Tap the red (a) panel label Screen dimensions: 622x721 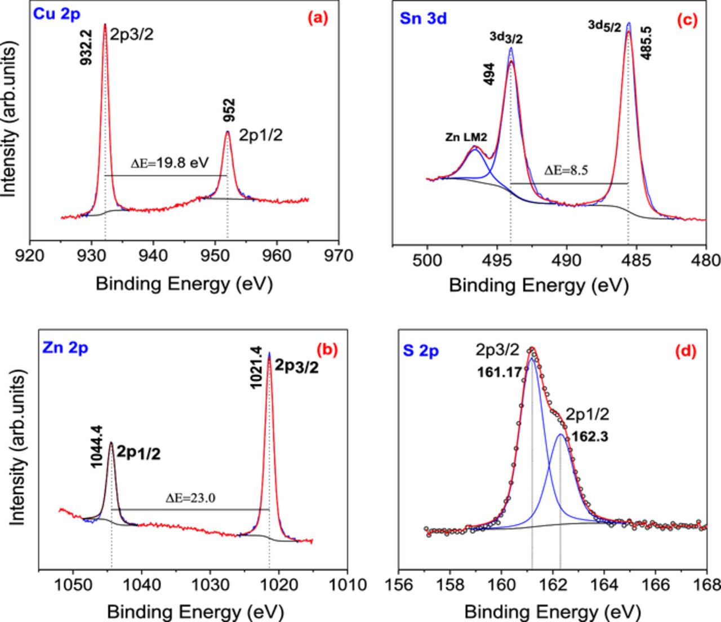click(317, 18)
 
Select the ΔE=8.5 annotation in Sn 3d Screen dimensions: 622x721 click(566, 171)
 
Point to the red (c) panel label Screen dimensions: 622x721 click(687, 21)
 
